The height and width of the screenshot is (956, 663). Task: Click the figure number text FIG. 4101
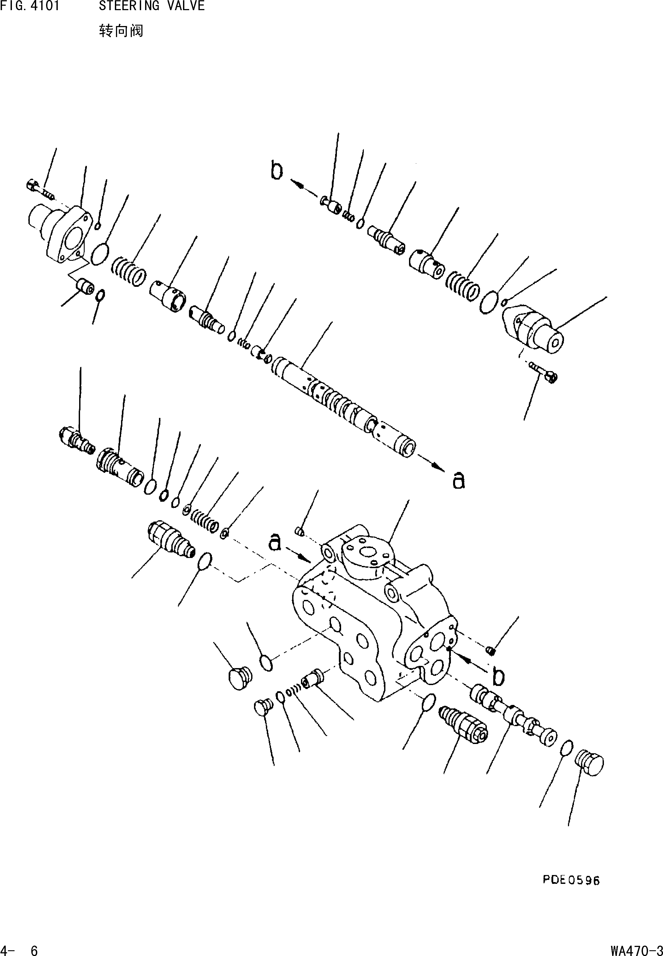click(x=30, y=6)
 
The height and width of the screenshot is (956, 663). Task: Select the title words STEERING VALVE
click(x=152, y=6)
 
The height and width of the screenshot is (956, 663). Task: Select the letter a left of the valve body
click(x=275, y=543)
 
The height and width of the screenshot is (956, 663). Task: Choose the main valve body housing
click(x=374, y=615)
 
